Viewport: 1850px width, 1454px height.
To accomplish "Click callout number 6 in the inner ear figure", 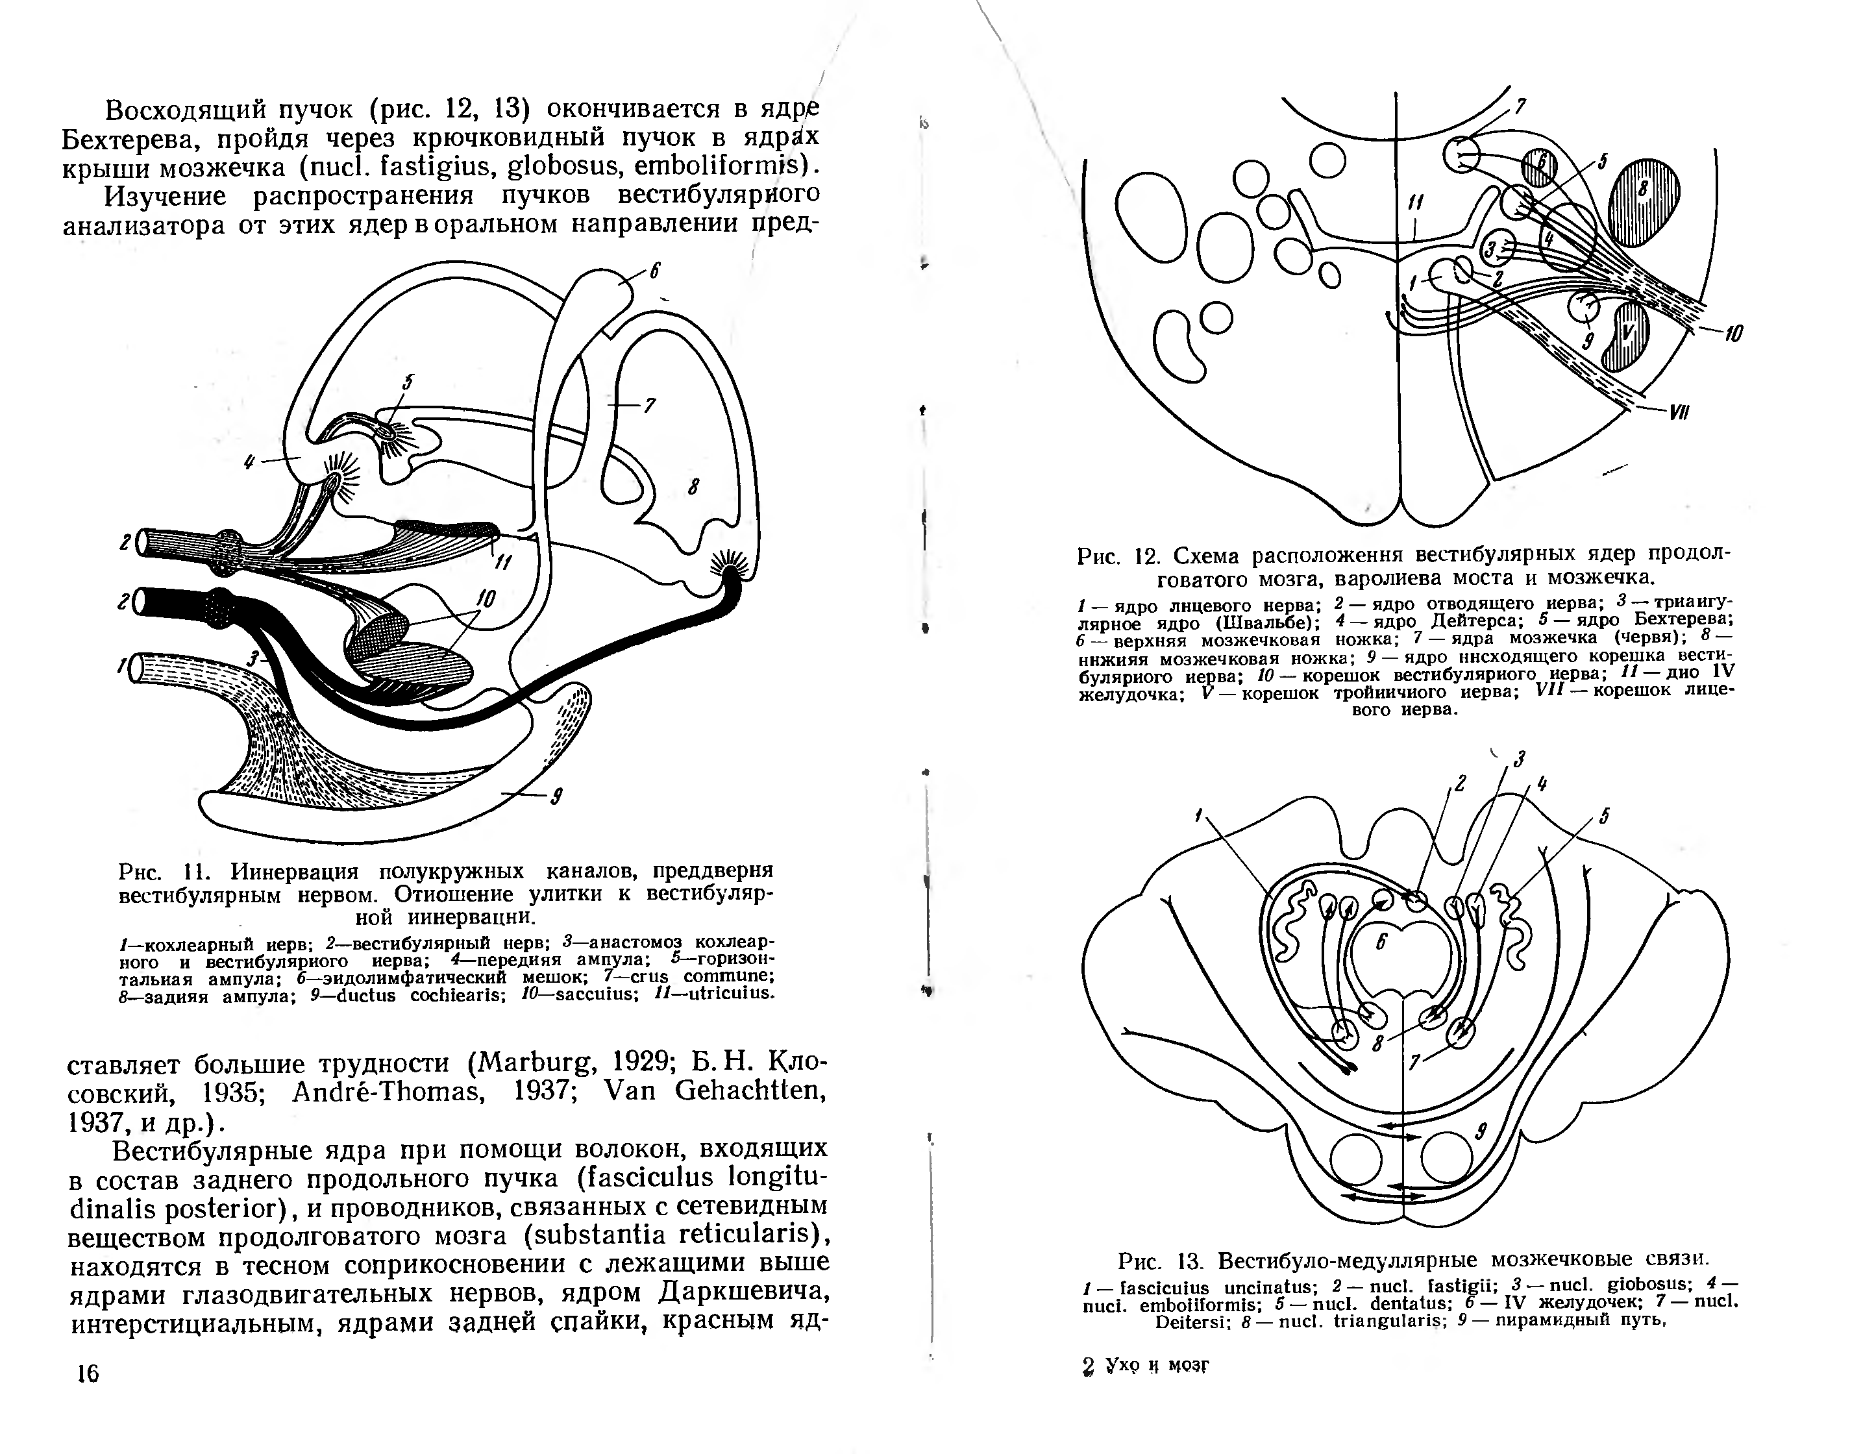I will pos(655,271).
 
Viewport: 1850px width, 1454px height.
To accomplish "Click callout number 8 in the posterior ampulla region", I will pos(694,487).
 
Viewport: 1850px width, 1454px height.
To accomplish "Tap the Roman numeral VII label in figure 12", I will pos(1678,413).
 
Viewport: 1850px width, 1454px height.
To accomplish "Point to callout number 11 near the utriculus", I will pos(502,563).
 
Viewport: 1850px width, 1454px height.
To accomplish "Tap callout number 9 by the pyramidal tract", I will pos(1481,1131).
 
